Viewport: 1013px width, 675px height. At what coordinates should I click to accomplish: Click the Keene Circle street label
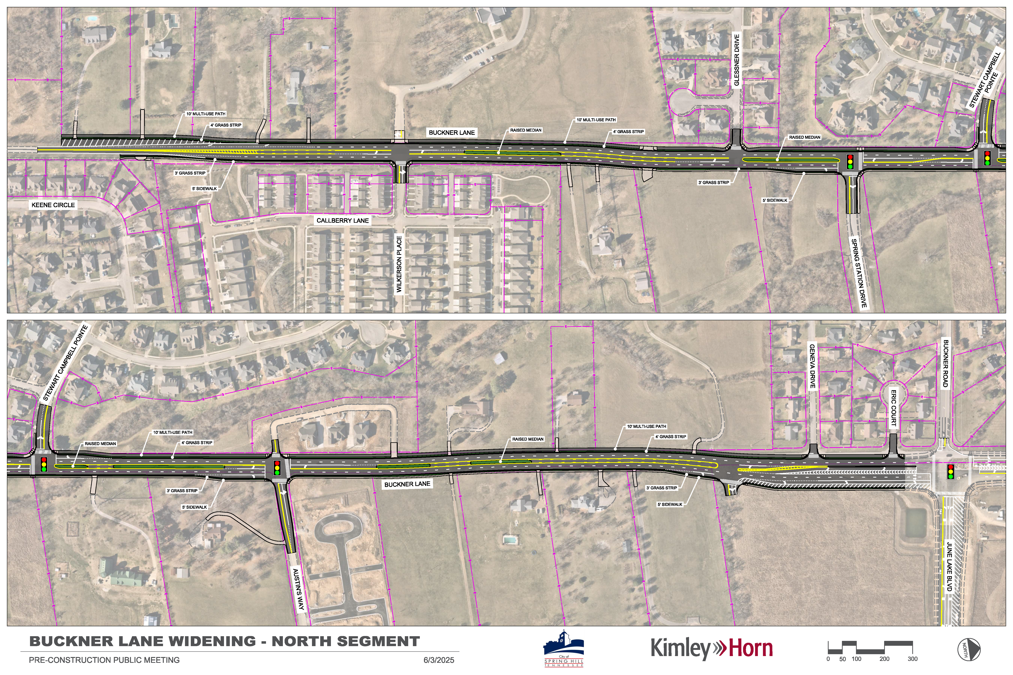click(53, 205)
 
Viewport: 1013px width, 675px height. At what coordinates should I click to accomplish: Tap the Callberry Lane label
click(342, 220)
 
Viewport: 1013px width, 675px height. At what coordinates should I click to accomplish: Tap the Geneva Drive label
click(812, 366)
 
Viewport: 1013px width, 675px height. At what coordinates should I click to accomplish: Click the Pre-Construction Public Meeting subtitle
click(104, 660)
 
